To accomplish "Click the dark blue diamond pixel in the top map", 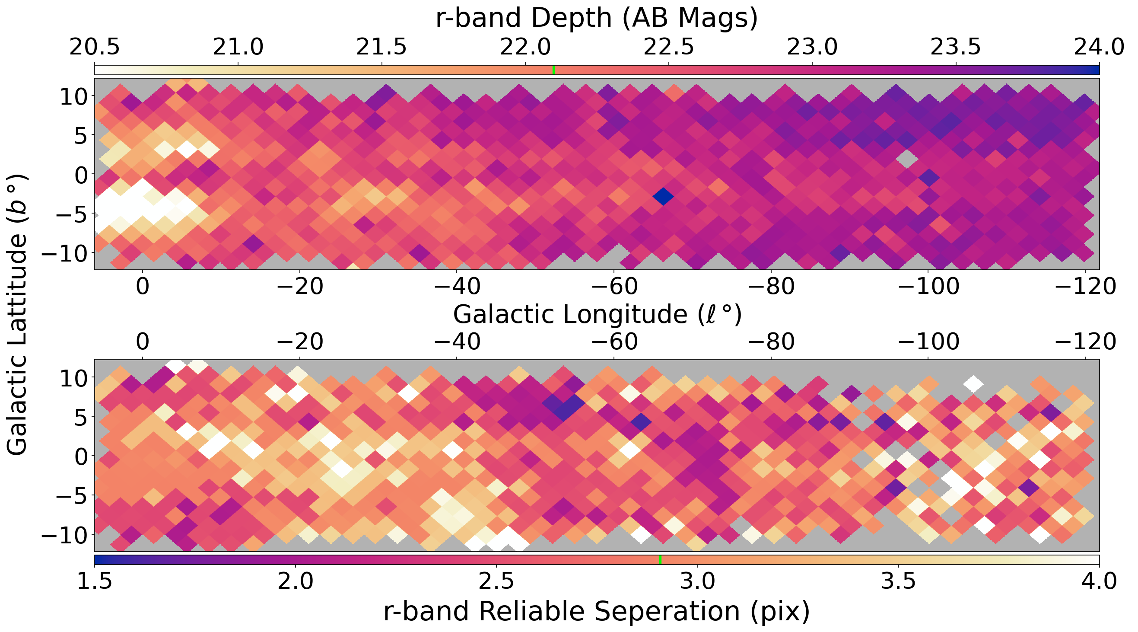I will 663,196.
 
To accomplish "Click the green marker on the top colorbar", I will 554,70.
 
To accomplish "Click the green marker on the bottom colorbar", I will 660,559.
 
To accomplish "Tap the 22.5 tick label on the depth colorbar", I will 668,47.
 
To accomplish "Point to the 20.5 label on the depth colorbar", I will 95,47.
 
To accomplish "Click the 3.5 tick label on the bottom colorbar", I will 898,581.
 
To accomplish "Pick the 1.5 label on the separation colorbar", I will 95,581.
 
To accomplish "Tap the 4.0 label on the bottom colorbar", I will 1099,581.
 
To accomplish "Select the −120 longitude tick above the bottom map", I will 1085,342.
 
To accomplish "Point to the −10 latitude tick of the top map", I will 66,253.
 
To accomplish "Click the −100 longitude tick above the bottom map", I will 928,342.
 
